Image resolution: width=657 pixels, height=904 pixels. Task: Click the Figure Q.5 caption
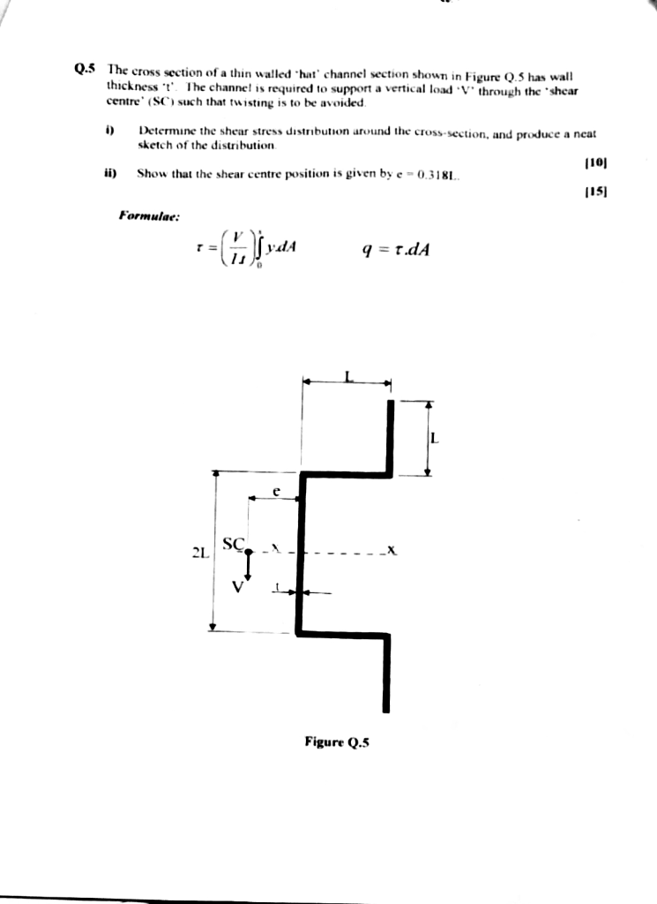point(337,742)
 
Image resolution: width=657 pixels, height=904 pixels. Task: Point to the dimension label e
point(275,493)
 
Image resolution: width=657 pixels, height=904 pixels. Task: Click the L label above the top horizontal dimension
point(348,376)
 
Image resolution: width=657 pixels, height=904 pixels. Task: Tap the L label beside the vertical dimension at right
point(435,439)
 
